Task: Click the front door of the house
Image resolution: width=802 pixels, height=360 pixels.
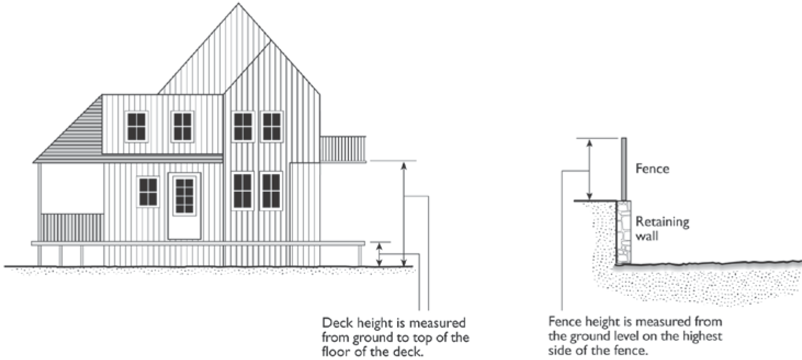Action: click(184, 205)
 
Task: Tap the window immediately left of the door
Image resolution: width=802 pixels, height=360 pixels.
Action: click(148, 192)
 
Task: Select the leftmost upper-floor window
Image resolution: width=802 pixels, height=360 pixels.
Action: click(136, 127)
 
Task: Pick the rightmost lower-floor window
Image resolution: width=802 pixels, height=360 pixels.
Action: click(271, 191)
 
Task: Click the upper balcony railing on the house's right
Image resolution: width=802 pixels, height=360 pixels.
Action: click(342, 148)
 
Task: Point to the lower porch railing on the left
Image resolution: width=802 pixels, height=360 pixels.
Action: click(72, 227)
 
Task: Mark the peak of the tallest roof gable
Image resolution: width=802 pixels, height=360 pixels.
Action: click(239, 4)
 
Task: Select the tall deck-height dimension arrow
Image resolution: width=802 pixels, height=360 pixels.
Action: click(404, 214)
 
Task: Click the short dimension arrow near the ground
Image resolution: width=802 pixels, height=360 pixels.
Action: click(379, 254)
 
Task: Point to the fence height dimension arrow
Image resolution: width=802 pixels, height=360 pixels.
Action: click(589, 169)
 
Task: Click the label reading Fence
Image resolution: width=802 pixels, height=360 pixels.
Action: click(652, 169)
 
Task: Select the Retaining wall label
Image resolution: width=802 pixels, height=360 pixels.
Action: click(662, 229)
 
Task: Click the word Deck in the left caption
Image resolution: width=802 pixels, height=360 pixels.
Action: click(335, 322)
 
